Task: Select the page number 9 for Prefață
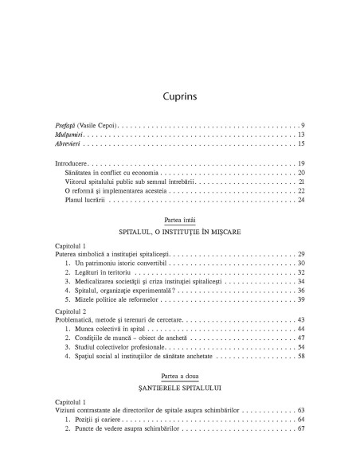(x=303, y=126)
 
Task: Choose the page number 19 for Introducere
(x=301, y=163)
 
